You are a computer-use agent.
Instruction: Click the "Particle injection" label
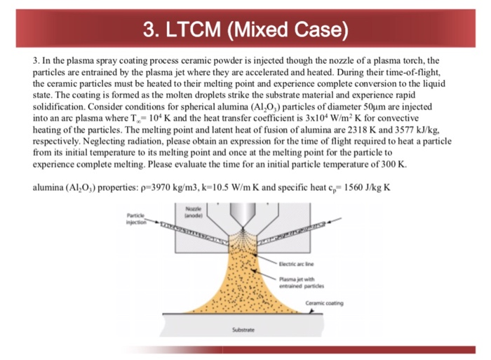(136, 219)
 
